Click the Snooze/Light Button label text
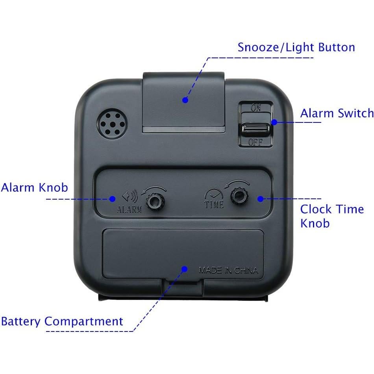click(x=296, y=48)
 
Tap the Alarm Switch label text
click(x=337, y=113)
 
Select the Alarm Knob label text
click(x=34, y=187)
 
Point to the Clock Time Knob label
click(x=332, y=216)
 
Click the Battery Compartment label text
click(x=62, y=321)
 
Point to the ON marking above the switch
click(x=256, y=107)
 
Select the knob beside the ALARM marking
click(x=154, y=202)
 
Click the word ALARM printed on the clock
click(x=129, y=209)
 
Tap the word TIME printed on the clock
click(x=214, y=204)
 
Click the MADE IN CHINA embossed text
click(x=228, y=270)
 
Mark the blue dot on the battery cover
click(x=183, y=269)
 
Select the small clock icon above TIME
click(x=213, y=194)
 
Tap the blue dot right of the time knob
click(x=260, y=198)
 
